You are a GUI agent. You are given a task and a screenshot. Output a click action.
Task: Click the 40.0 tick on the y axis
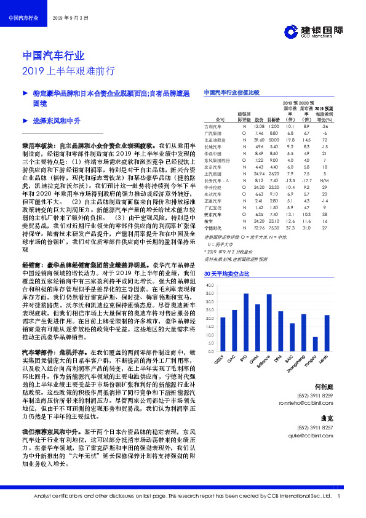212,285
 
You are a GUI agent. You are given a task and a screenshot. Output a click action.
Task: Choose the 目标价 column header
274,120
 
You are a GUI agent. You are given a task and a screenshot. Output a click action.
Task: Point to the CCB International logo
314,31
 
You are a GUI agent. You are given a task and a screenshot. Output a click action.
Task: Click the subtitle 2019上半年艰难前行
68,70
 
